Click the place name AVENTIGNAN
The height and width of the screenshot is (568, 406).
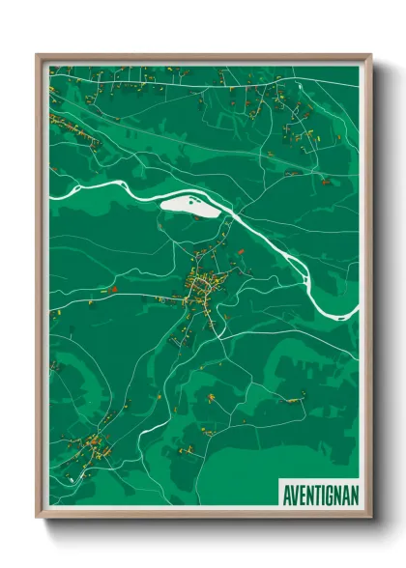[319, 493]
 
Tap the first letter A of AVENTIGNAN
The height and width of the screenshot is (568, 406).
[287, 493]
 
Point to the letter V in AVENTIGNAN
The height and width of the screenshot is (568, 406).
[295, 493]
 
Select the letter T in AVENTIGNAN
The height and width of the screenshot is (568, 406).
[316, 493]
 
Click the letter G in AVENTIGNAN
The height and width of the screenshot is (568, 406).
[328, 493]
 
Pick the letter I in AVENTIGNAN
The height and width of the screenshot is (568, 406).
[322, 493]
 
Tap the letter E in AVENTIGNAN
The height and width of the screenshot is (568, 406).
[302, 493]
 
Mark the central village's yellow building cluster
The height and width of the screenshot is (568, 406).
[204, 284]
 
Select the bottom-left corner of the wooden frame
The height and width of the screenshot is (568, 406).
[38, 517]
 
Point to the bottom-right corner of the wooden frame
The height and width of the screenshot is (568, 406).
[370, 517]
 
